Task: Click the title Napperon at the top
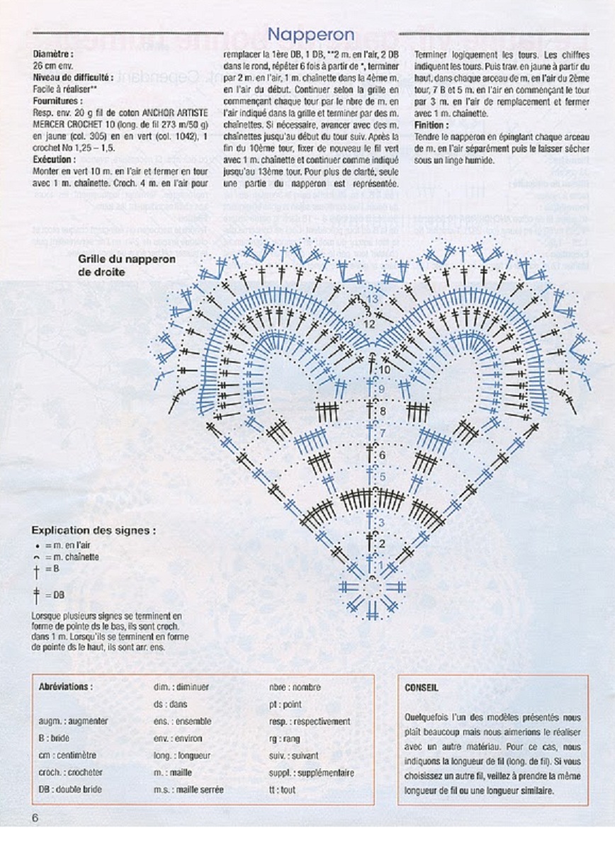click(311, 33)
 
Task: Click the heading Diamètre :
click(53, 53)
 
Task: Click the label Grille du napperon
click(128, 259)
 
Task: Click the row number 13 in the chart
click(373, 299)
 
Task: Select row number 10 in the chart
click(385, 370)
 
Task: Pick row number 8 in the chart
click(383, 411)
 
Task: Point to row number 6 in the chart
click(382, 455)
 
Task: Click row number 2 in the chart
click(381, 543)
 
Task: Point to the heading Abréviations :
click(65, 687)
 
